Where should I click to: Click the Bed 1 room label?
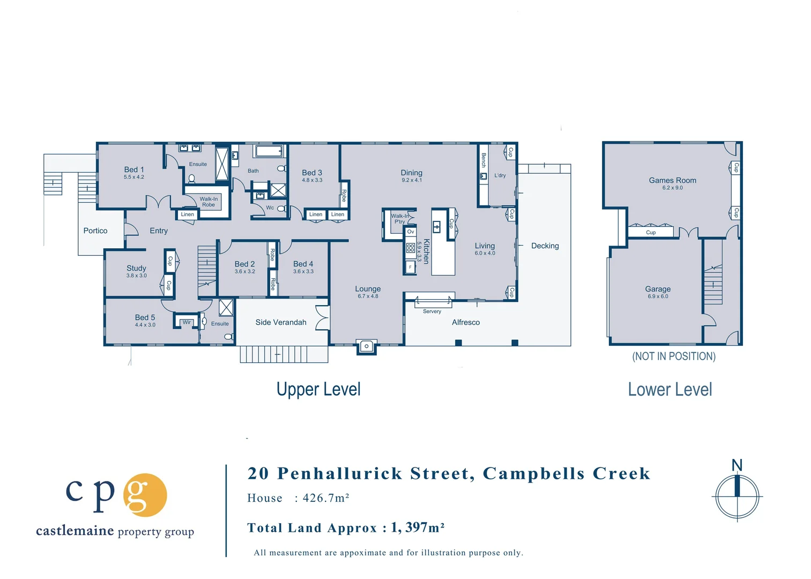[134, 169]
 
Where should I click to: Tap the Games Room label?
[672, 180]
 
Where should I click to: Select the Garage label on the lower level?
[658, 288]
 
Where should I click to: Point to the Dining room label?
[411, 173]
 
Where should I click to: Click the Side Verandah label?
[281, 322]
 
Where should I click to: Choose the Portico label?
[95, 231]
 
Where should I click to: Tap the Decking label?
[545, 246]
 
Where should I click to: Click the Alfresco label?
[465, 322]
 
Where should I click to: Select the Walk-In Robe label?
[209, 202]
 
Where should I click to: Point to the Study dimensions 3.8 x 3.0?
[136, 276]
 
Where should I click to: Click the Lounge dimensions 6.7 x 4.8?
[368, 296]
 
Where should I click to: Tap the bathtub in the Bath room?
[269, 151]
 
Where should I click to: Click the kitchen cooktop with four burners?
[410, 248]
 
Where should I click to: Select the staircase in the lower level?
[712, 285]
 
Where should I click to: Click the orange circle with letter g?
[145, 495]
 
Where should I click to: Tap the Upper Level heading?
[318, 389]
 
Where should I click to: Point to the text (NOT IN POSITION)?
[673, 357]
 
